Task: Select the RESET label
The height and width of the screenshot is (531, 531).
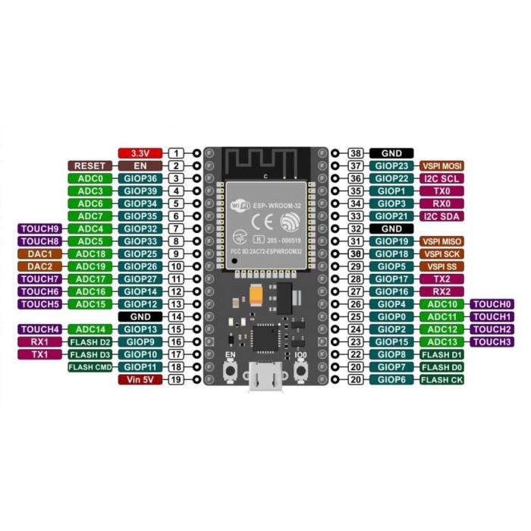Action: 91,165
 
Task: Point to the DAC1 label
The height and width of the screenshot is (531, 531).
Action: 40,253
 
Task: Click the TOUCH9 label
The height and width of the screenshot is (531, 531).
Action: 40,228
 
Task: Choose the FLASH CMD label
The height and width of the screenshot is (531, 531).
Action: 91,367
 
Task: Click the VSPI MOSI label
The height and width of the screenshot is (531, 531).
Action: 441,165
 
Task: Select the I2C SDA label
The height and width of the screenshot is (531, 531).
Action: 441,216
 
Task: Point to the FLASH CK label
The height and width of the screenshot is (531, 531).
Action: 441,379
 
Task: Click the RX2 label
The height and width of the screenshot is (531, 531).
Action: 441,291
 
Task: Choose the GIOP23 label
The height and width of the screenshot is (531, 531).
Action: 392,165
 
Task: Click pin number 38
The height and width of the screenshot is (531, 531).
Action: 354,153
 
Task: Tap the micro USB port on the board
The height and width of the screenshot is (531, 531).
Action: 265,380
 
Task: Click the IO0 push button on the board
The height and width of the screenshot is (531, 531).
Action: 300,369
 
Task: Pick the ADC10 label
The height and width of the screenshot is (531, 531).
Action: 441,304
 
